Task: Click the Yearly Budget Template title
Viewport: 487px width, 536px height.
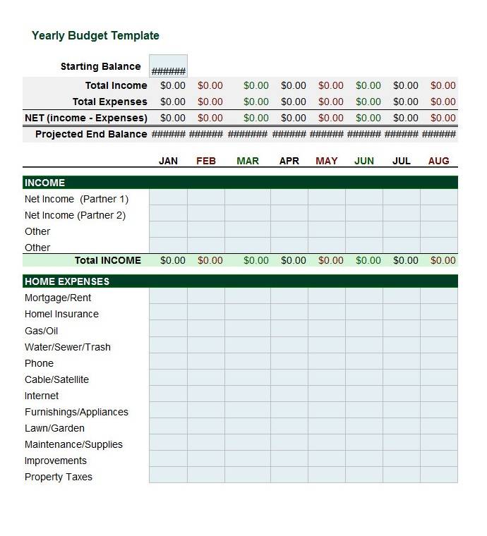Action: point(95,36)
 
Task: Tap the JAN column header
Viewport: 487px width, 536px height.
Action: point(168,161)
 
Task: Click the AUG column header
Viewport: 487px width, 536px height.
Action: point(438,161)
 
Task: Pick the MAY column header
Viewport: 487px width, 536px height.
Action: point(326,161)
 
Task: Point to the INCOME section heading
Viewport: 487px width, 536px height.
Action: point(44,183)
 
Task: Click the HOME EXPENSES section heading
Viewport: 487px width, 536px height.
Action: point(67,281)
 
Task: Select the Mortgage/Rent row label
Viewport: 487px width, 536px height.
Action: point(58,298)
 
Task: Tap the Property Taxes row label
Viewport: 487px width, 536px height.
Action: point(59,477)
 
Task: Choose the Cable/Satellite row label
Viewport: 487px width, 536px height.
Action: point(56,379)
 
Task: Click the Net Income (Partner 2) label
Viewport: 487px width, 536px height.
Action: point(75,215)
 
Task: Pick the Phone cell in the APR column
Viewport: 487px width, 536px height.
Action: point(289,363)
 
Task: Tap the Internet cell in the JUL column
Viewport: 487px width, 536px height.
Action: point(402,396)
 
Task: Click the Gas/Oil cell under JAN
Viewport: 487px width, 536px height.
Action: point(168,331)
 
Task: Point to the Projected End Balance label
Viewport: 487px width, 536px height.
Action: point(91,134)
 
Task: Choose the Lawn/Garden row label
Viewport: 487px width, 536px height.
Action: point(54,428)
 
